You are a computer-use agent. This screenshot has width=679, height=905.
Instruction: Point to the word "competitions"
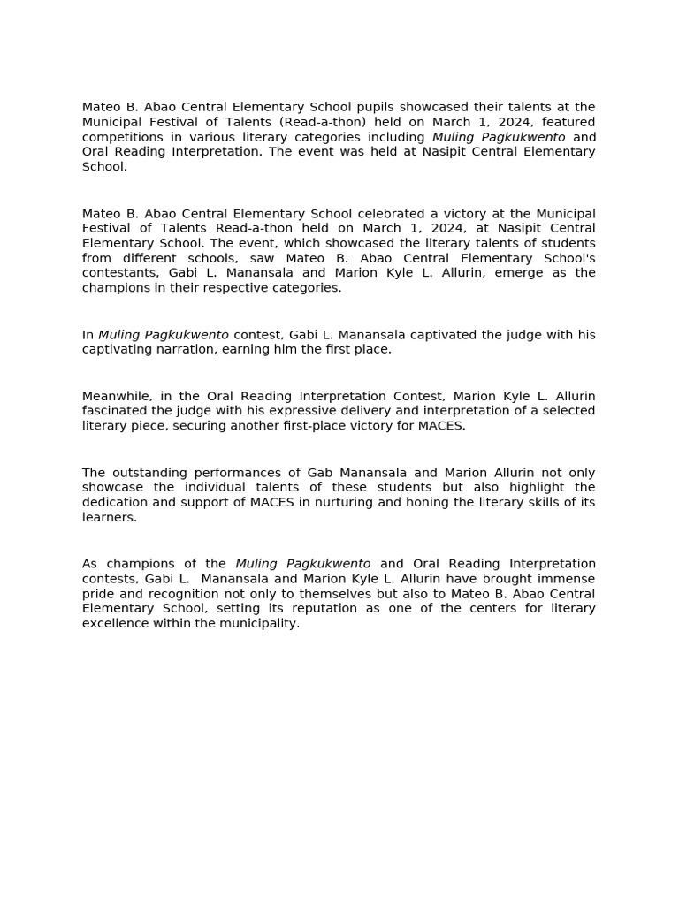121,137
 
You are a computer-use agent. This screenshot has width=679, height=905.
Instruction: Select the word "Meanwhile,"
117,396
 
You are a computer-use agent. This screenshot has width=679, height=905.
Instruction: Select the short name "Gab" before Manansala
295,473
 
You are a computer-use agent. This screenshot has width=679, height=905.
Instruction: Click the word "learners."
110,517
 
